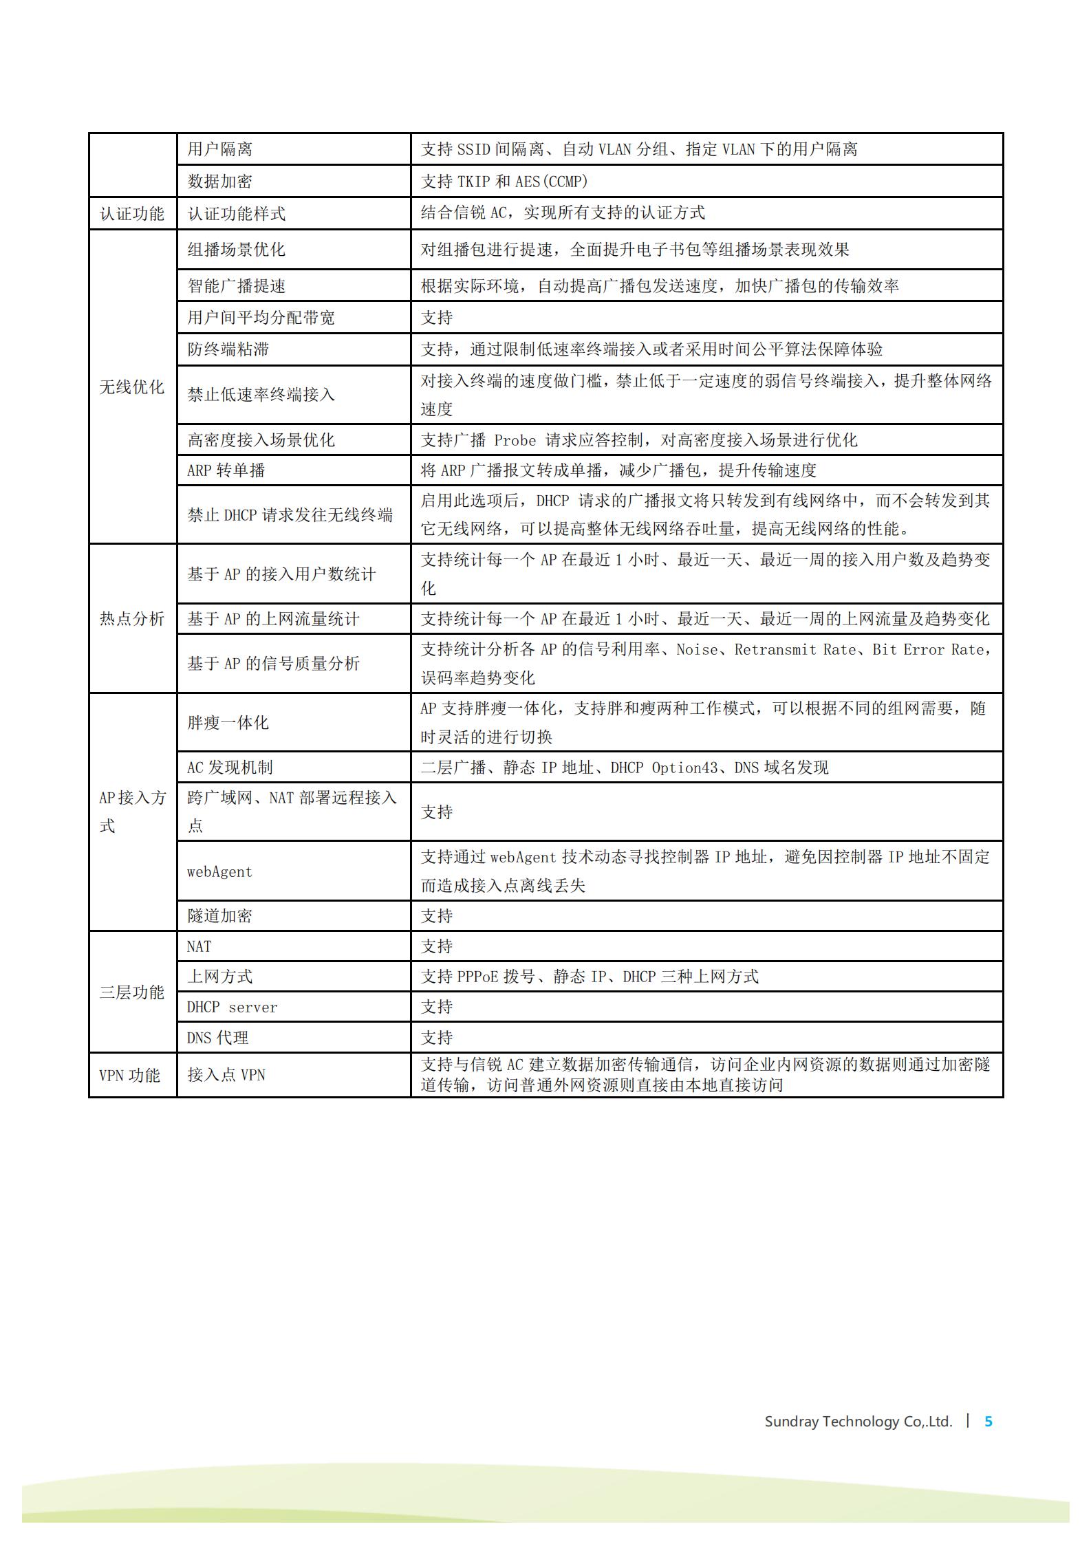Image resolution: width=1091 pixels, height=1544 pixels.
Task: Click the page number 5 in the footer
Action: click(x=989, y=1421)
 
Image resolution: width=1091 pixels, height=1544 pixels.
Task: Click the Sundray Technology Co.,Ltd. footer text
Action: click(x=858, y=1422)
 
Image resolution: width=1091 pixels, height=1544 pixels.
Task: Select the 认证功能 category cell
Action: click(x=132, y=213)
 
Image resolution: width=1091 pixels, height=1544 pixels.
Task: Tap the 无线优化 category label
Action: click(x=132, y=387)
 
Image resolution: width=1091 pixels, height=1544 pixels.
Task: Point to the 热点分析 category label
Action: click(x=132, y=619)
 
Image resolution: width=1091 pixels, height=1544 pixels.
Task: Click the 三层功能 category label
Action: click(x=132, y=992)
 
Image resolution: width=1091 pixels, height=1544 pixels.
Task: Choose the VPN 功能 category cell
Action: click(x=129, y=1075)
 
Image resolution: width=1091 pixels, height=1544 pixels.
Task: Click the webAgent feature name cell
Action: click(x=220, y=872)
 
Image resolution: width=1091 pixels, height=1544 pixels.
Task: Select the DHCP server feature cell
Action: click(x=233, y=1008)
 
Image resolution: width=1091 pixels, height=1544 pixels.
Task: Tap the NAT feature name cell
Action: click(x=199, y=947)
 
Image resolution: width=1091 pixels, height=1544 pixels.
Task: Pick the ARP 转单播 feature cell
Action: click(x=226, y=470)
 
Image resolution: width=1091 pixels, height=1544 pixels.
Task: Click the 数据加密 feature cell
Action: click(x=220, y=182)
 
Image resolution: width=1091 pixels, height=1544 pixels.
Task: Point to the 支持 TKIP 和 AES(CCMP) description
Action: click(x=504, y=182)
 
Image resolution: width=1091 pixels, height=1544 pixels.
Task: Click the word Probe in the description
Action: click(x=515, y=440)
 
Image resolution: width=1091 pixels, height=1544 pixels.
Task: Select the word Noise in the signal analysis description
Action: click(x=697, y=650)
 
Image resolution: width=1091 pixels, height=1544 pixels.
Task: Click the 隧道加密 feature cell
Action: click(x=220, y=916)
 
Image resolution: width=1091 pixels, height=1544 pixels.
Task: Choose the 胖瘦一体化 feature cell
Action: click(x=228, y=723)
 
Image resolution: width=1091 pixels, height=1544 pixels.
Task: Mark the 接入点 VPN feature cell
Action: click(x=226, y=1075)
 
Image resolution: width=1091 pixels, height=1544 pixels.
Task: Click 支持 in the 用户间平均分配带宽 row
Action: click(x=437, y=318)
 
